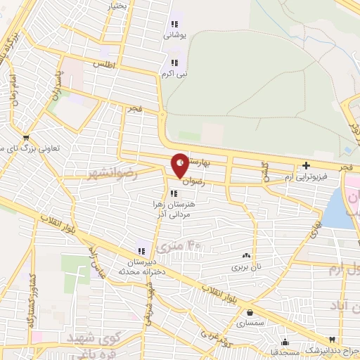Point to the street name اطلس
tap(104, 64)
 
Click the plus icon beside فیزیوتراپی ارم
tap(305, 167)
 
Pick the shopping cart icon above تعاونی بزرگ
tap(26, 139)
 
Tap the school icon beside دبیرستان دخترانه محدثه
tap(141, 250)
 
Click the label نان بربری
tap(246, 268)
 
